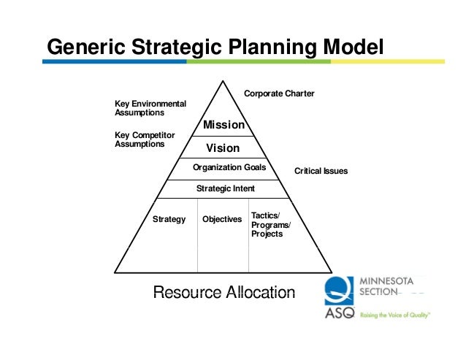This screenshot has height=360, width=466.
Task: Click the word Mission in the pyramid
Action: point(224,125)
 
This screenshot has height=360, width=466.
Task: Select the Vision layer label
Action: point(223,148)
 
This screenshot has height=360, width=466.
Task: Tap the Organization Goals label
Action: point(229,167)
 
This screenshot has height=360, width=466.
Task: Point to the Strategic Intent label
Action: point(226,188)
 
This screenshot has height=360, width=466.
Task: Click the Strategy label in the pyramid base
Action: point(169,219)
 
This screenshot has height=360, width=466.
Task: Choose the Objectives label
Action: point(222,219)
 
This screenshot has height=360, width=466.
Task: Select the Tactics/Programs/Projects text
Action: point(270,225)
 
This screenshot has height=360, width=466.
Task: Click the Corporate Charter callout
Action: point(279,93)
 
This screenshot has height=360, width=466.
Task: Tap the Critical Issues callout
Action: point(321,171)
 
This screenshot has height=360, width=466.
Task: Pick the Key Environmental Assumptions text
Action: point(150,108)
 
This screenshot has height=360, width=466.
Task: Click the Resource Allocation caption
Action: point(224,293)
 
